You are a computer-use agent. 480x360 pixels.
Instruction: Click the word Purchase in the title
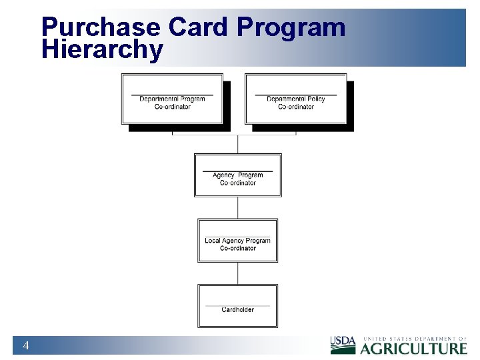101,28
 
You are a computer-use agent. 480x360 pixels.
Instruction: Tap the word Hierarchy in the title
102,50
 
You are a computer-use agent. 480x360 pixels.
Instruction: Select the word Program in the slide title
291,28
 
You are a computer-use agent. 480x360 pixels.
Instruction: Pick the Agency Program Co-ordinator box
238,175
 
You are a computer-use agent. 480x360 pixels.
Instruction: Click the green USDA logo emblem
343,345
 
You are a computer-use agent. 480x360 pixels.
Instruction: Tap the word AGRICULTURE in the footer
414,349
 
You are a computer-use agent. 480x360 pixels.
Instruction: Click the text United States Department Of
414,339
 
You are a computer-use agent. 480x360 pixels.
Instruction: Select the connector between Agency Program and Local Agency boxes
238,207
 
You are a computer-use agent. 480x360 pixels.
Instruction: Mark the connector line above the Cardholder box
238,273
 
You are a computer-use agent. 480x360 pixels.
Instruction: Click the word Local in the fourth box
213,241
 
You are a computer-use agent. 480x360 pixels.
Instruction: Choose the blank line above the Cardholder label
238,305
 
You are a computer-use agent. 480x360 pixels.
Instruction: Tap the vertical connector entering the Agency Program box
238,144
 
